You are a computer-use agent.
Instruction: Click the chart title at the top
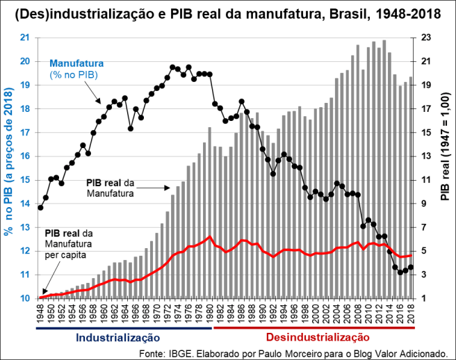pos(228,13)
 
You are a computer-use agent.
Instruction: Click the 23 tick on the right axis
pos(427,38)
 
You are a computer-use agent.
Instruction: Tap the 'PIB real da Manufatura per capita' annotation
pos(67,243)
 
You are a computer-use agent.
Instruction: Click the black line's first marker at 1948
pos(40,207)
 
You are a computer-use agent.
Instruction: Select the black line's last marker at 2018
pos(411,267)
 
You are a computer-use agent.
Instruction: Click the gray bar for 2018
pos(411,188)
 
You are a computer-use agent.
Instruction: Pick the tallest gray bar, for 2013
pos(384,167)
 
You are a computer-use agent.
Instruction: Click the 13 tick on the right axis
pos(427,156)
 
